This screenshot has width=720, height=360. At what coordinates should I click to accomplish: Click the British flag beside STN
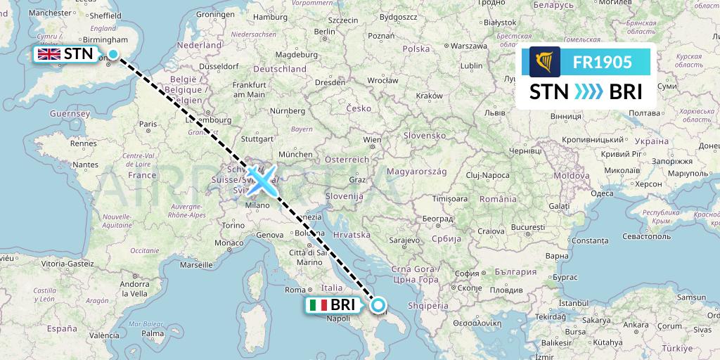click(49, 53)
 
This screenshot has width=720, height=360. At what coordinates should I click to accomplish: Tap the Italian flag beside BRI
click(319, 305)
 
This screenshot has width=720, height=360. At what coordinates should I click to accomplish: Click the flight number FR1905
click(602, 63)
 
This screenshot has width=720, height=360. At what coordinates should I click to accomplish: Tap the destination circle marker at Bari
click(378, 305)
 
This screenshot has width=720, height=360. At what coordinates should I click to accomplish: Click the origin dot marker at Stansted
click(113, 53)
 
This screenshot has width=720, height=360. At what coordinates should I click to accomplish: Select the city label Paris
click(148, 124)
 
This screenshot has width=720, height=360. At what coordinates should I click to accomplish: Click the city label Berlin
click(325, 32)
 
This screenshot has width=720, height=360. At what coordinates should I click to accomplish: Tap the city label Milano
click(258, 205)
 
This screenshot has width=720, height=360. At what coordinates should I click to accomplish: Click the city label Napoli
click(338, 319)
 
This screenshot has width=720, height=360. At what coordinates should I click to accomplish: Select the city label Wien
click(371, 140)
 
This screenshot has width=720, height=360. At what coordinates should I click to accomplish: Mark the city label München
click(295, 153)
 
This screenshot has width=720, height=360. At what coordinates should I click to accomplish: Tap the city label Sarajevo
click(404, 240)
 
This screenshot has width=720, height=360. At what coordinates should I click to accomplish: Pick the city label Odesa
click(601, 193)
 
